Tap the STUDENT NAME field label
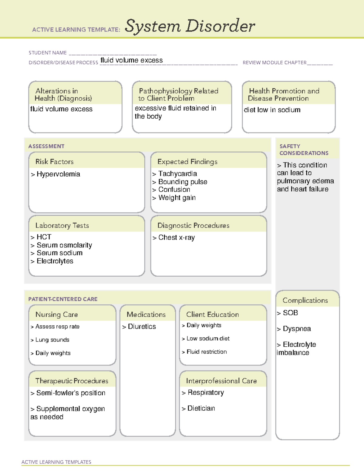(x=48, y=53)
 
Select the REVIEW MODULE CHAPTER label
(x=274, y=62)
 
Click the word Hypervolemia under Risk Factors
(x=58, y=174)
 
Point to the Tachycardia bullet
(x=177, y=174)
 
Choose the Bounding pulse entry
(x=183, y=182)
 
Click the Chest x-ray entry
(x=176, y=237)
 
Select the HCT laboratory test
(x=44, y=237)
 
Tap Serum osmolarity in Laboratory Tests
(x=64, y=245)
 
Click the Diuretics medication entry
(x=142, y=327)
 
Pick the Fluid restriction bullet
(x=207, y=352)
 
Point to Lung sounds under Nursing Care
(x=52, y=340)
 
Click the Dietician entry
(x=201, y=408)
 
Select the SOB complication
(x=290, y=313)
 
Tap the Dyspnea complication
(x=297, y=329)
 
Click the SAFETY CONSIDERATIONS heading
(x=304, y=150)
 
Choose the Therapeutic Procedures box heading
(x=72, y=381)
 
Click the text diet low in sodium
(x=272, y=110)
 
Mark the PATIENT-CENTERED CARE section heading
(x=63, y=299)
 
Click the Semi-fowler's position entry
(x=71, y=393)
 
